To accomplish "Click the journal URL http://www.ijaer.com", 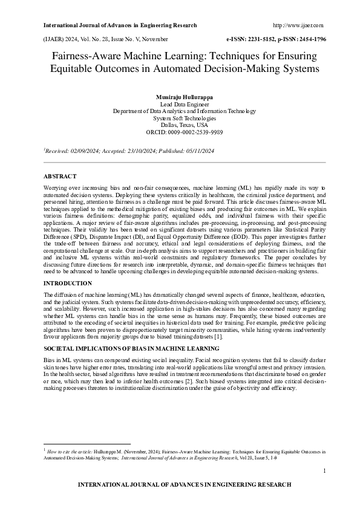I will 298,25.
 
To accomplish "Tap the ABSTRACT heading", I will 61,175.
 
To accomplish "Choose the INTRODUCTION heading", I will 69,283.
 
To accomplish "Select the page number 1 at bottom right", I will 324,470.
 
